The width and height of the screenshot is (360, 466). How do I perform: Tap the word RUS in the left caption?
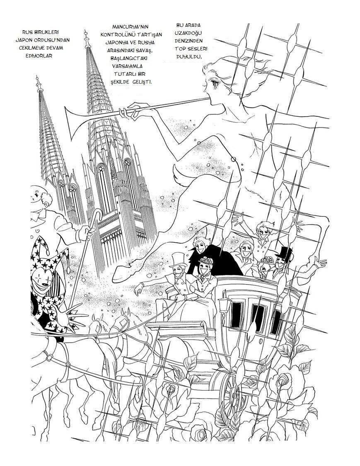[28, 32]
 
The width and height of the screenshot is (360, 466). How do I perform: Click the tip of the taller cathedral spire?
[86, 31]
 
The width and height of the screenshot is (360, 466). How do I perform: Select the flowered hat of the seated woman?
[206, 261]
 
